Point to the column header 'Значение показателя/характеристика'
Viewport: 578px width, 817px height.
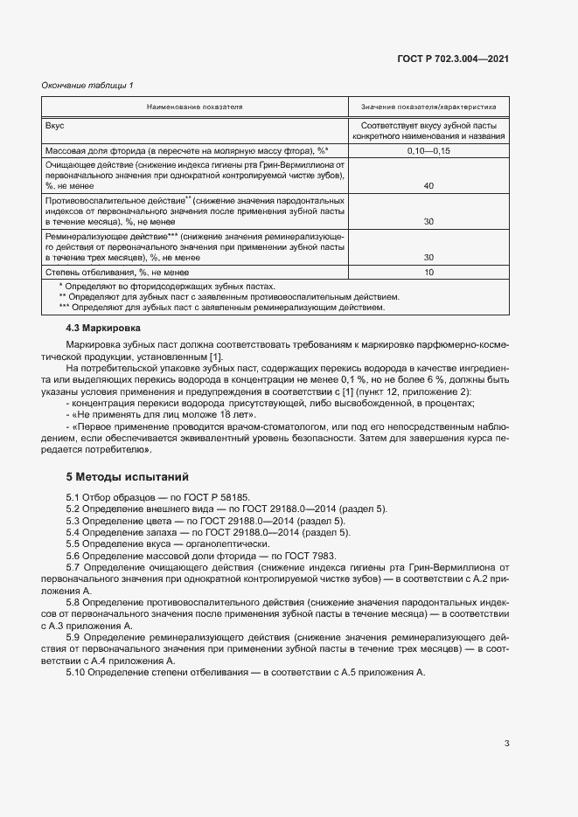[428, 107]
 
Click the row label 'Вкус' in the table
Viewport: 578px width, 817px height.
[55, 126]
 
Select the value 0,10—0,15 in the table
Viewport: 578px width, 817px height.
[428, 151]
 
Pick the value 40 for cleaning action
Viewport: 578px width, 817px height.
[428, 186]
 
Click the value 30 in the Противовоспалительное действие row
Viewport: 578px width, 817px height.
[428, 222]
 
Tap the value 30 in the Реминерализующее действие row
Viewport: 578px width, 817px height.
[428, 258]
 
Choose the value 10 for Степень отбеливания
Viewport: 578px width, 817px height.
[428, 273]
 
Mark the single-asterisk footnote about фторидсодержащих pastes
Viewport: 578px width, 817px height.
[166, 287]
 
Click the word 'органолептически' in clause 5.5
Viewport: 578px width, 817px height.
[227, 544]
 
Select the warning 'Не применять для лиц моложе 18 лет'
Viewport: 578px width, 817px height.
[146, 414]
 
